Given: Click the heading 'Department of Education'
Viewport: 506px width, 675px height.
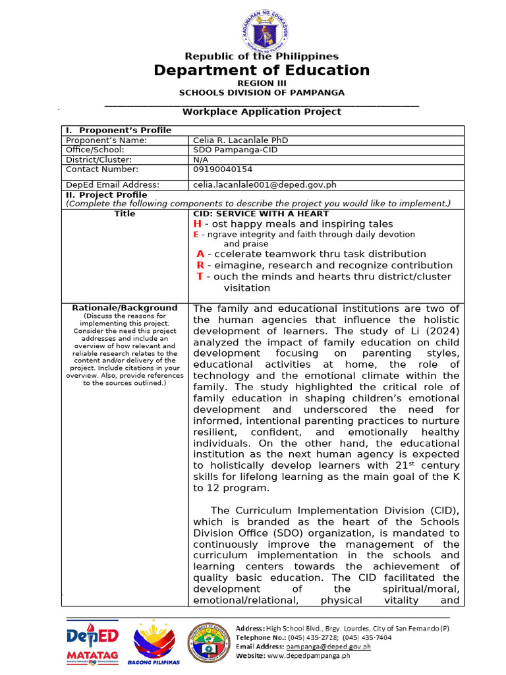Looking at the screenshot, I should point(262,71).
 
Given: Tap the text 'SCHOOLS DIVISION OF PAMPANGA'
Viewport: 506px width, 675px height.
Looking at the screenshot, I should point(262,92).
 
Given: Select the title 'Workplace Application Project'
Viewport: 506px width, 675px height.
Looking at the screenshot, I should point(262,111).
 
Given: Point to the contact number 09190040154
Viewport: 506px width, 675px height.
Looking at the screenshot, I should point(223,169).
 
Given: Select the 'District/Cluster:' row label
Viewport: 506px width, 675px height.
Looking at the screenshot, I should point(99,160).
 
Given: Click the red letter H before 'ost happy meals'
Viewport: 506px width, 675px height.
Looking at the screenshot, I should point(197,224).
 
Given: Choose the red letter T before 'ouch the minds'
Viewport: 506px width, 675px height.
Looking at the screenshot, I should point(200,276).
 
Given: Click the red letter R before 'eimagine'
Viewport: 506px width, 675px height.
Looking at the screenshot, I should point(200,265).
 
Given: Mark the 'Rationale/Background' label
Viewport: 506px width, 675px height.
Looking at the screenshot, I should point(125,308).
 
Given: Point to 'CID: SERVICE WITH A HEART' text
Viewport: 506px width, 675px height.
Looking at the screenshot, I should point(260,214).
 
